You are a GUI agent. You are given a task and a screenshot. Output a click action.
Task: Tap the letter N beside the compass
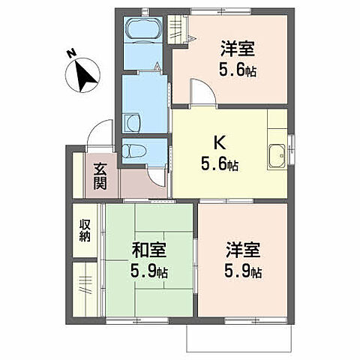pyautogui.click(x=70, y=53)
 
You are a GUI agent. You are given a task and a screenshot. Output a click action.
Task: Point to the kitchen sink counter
pyautogui.click(x=275, y=155)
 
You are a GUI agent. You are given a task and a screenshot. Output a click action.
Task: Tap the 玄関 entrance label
pyautogui.click(x=100, y=178)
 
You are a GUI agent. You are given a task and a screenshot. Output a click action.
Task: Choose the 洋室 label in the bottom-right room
pyautogui.click(x=241, y=250)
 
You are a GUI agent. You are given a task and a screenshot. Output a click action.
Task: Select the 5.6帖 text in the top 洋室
pyautogui.click(x=236, y=70)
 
